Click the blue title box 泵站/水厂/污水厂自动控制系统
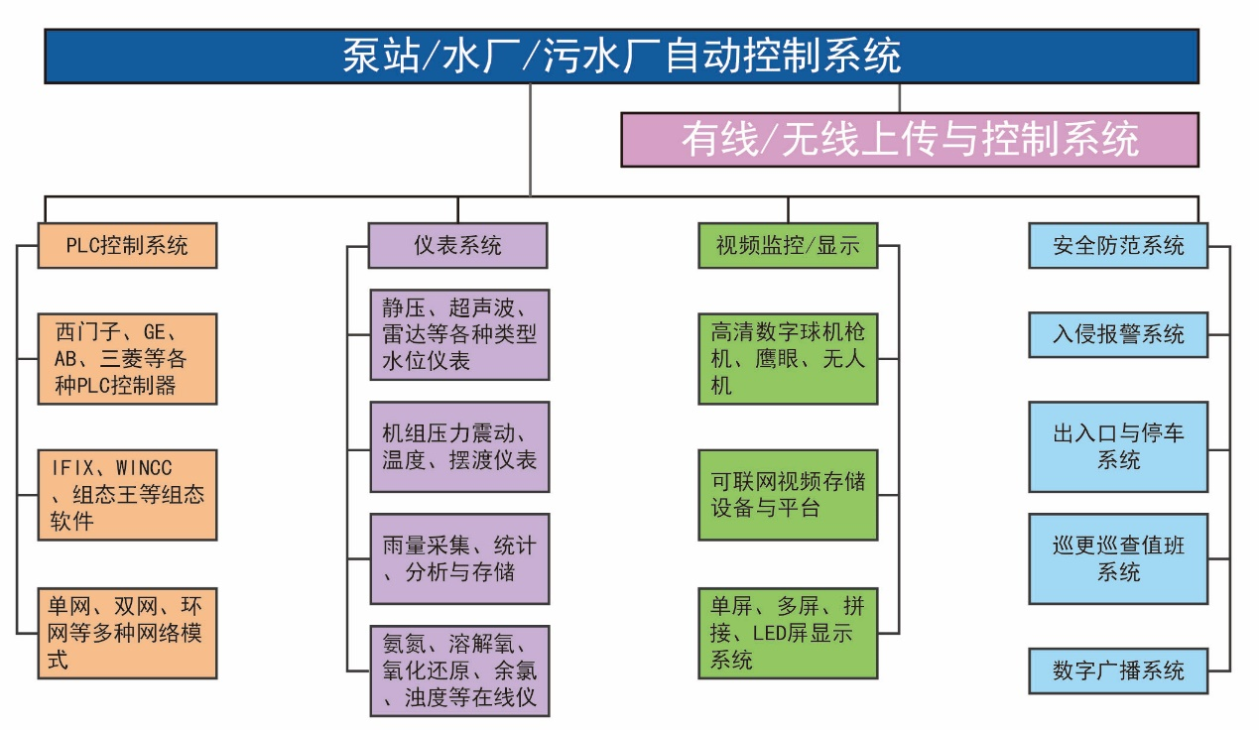pyautogui.click(x=621, y=56)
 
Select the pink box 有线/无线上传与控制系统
pyautogui.click(x=909, y=139)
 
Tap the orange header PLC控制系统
pyautogui.click(x=127, y=245)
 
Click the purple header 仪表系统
pyautogui.click(x=457, y=245)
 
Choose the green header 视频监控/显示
pyautogui.click(x=788, y=245)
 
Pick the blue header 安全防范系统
pyautogui.click(x=1118, y=245)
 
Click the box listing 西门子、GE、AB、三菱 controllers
pyautogui.click(x=127, y=358)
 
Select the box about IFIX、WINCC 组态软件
pyautogui.click(x=127, y=494)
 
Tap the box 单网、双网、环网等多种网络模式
pyautogui.click(x=127, y=633)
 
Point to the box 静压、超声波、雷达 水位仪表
pyautogui.click(x=458, y=334)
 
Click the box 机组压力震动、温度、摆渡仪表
pyautogui.click(x=458, y=446)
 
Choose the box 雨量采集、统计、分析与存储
pyautogui.click(x=458, y=558)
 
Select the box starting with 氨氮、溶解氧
pyautogui.click(x=458, y=670)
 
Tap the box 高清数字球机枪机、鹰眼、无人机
pyautogui.click(x=788, y=358)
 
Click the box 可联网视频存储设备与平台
pyautogui.click(x=788, y=494)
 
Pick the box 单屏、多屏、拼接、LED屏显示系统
pyautogui.click(x=788, y=633)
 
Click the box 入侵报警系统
pyautogui.click(x=1118, y=334)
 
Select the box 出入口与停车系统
pyautogui.click(x=1118, y=446)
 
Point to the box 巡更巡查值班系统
pyautogui.click(x=1118, y=558)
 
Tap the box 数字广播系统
pyautogui.click(x=1118, y=670)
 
